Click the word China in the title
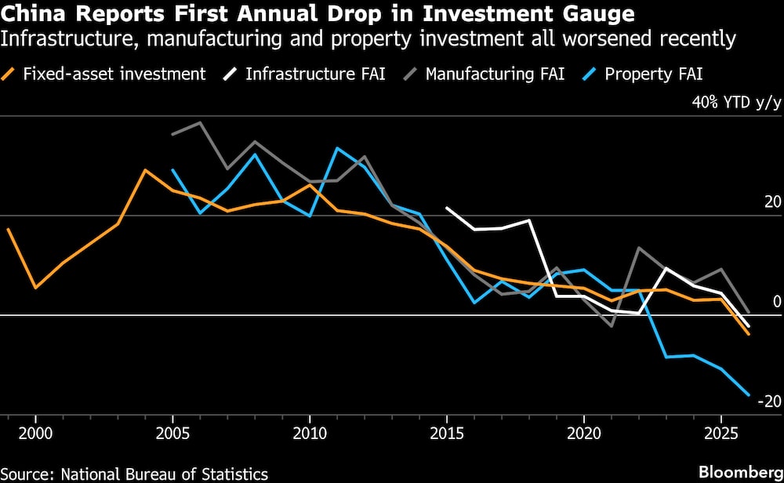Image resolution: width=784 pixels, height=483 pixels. click(31, 14)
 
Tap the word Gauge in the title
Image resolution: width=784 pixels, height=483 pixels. click(597, 14)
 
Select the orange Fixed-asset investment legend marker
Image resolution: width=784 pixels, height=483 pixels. click(10, 74)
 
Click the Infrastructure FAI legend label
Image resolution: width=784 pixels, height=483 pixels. click(315, 74)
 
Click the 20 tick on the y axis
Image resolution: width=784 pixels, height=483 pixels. click(773, 202)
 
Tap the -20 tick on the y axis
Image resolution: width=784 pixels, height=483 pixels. click(769, 401)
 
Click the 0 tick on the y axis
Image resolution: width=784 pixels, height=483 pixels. click(777, 302)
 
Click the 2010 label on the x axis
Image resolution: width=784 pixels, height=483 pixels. click(309, 432)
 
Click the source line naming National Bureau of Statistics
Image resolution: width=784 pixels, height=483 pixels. click(134, 474)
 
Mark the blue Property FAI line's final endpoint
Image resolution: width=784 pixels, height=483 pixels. click(749, 395)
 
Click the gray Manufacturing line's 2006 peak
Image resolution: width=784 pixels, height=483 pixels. click(200, 122)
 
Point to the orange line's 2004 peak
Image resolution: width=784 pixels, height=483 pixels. click(144, 170)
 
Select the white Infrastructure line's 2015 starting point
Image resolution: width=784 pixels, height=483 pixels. click(446, 208)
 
